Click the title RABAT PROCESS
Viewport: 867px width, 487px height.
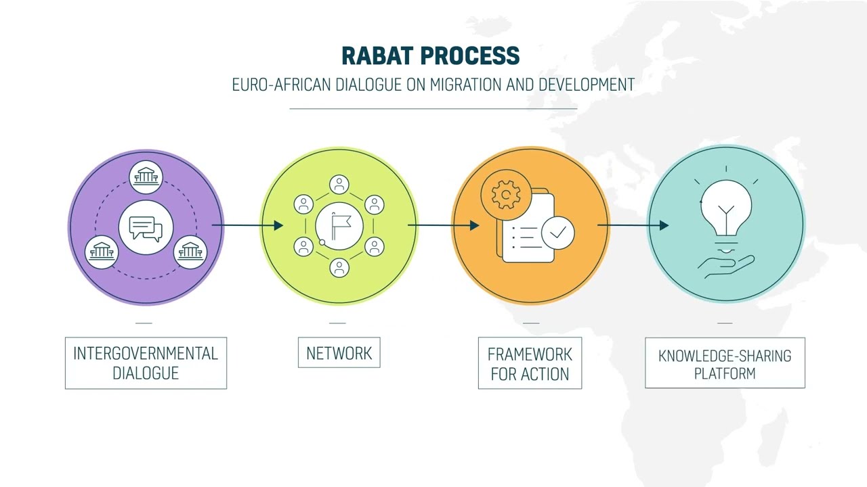[430, 55]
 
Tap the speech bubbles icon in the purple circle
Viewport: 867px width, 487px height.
[146, 228]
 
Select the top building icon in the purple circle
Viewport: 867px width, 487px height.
[146, 177]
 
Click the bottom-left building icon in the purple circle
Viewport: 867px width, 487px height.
[102, 252]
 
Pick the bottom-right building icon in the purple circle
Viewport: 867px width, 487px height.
[190, 252]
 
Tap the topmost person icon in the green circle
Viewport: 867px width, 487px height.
[339, 184]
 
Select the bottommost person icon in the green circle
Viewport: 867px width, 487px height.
[339, 268]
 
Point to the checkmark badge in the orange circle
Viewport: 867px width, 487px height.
[557, 233]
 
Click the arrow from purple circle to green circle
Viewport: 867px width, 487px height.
[247, 225]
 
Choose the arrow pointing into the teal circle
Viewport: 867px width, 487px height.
[633, 225]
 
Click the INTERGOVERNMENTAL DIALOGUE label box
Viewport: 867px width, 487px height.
[146, 363]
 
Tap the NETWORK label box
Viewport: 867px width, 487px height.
[339, 353]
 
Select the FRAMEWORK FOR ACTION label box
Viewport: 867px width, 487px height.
[530, 364]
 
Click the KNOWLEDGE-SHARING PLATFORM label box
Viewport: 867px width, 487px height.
[725, 364]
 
